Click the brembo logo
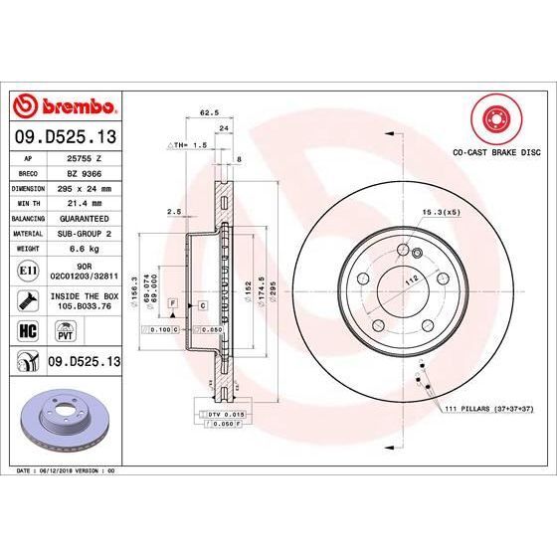tap(64, 104)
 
